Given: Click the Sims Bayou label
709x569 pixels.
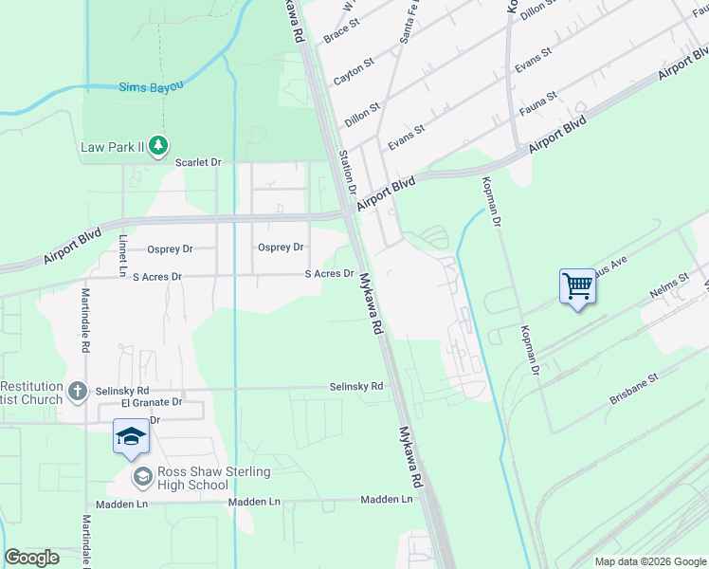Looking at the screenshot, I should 151,87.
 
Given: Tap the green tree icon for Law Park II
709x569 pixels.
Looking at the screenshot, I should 160,146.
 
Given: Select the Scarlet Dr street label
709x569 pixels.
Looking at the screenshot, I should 198,162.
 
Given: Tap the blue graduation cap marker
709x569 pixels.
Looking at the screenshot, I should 131,436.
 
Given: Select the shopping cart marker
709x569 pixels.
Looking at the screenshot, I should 577,284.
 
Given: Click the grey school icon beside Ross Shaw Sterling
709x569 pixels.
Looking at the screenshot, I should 142,476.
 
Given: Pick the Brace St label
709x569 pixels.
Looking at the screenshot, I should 338,33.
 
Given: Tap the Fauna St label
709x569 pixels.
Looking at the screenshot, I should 537,104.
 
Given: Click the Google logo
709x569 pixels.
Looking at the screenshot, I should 32,558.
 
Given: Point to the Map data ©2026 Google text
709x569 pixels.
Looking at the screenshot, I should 649,561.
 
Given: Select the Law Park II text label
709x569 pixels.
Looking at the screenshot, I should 111,147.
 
